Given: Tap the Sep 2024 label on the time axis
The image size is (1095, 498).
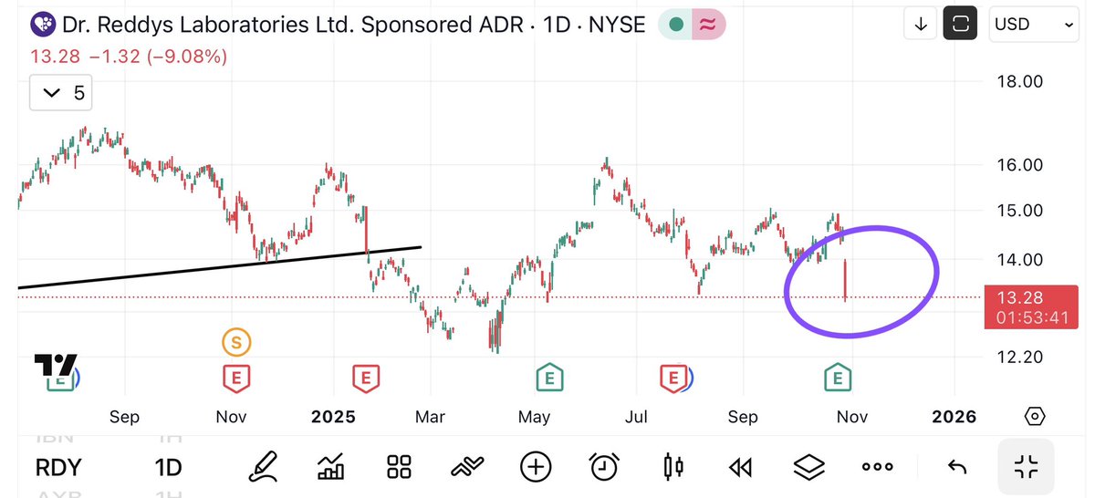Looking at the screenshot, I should [124, 417].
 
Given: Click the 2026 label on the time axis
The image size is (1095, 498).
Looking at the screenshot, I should [954, 417].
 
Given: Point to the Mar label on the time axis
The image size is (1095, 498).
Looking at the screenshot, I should [430, 417].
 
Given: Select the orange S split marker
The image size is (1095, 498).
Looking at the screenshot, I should [236, 343].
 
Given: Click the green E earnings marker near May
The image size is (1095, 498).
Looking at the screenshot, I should [548, 376].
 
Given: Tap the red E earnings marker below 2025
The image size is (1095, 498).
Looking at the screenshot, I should [366, 376].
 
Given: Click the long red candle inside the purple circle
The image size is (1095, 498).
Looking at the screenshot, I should [846, 279].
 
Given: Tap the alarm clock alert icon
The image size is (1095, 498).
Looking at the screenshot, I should [604, 468].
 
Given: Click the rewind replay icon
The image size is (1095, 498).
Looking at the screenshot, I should [740, 468].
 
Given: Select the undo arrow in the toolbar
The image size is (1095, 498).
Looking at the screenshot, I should [956, 468].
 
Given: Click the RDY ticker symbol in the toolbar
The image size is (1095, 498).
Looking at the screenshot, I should [59, 468].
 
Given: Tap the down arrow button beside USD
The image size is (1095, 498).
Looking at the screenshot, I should [920, 25].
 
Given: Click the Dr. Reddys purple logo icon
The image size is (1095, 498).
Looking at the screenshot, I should [41, 25].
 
